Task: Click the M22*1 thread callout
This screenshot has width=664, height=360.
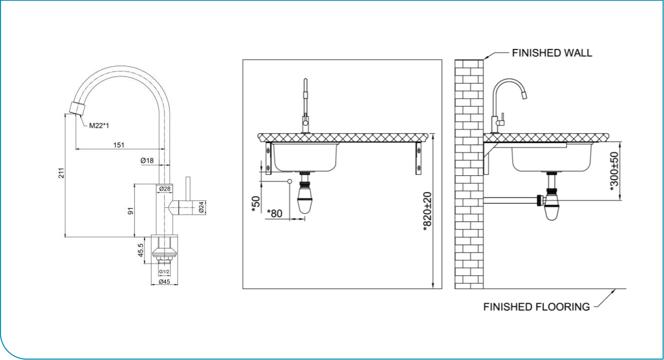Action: click(99, 125)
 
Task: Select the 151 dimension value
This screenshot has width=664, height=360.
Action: click(118, 145)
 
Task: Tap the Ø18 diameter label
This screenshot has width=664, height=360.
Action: click(147, 160)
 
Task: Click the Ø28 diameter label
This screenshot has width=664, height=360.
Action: click(164, 188)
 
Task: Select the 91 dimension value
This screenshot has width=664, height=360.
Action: click(130, 211)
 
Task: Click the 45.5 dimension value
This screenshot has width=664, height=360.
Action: click(141, 250)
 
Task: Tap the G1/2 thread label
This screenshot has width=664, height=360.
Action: click(164, 272)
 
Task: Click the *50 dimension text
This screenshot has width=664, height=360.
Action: click(256, 204)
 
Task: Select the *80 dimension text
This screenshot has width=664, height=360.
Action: click(275, 213)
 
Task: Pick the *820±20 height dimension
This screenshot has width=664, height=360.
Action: click(427, 211)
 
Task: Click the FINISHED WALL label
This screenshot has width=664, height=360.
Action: click(552, 53)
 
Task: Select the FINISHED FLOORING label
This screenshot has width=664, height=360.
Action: click(536, 307)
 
